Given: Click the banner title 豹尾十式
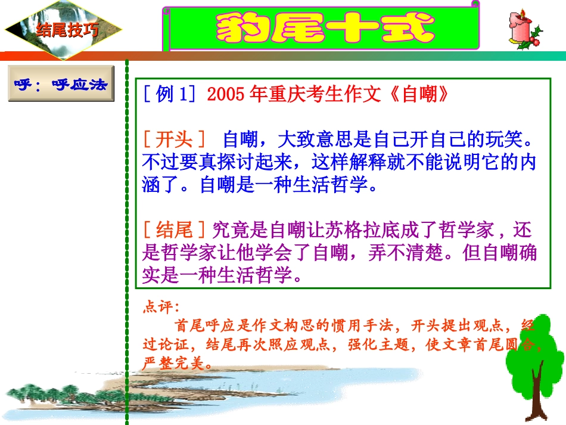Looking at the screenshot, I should tap(325, 27).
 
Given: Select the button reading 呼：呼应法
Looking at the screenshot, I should tap(61, 84).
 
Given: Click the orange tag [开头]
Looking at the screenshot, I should tap(174, 141).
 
